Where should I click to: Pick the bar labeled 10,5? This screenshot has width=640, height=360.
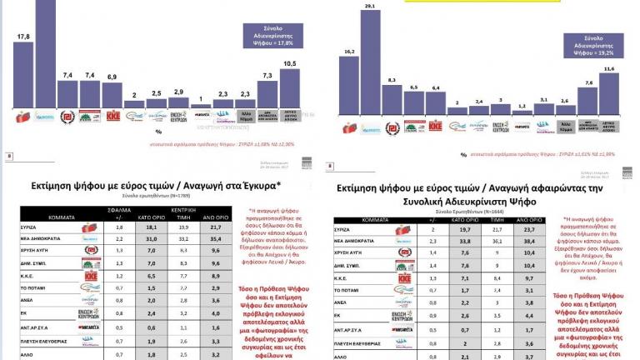[289, 88]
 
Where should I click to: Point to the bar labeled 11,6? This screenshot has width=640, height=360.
[609, 94]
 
